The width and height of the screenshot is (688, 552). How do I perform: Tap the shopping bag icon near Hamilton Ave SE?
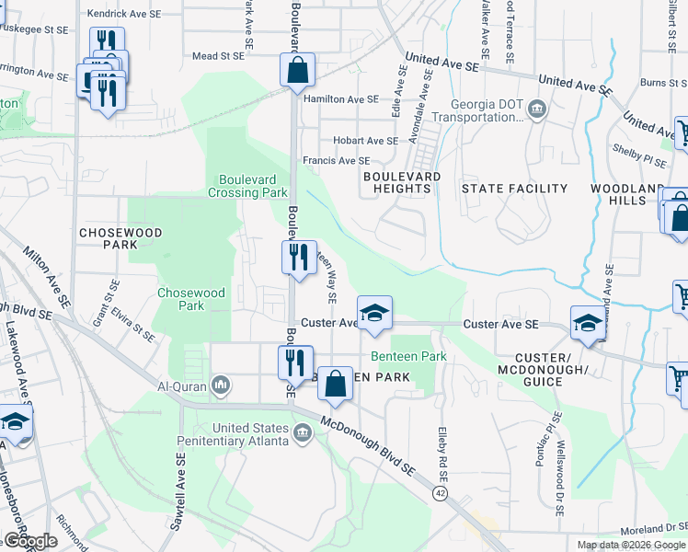click(x=297, y=69)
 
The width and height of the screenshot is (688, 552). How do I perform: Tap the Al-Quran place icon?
click(x=221, y=384)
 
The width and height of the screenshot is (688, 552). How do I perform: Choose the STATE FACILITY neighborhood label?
click(x=514, y=189)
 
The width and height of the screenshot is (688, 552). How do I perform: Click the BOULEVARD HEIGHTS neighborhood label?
click(x=402, y=181)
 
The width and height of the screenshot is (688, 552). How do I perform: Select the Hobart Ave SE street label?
click(x=365, y=141)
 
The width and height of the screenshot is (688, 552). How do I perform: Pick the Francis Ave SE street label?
click(x=336, y=160)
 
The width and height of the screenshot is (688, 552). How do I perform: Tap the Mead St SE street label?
click(x=218, y=56)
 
